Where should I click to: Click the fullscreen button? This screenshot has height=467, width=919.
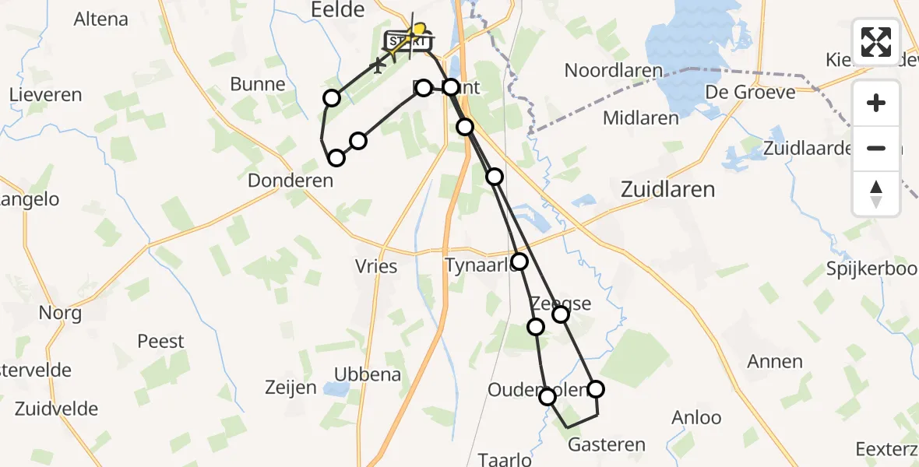click(x=876, y=42)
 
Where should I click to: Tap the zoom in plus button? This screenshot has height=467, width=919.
click(x=876, y=103)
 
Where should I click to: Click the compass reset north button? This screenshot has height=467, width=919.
click(x=876, y=193)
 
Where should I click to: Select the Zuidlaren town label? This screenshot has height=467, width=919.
click(x=668, y=189)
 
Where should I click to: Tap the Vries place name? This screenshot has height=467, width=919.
click(x=376, y=267)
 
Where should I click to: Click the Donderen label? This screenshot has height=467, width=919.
click(x=290, y=181)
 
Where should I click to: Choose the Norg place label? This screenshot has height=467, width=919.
click(x=60, y=314)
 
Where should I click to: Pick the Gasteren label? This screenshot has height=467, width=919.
click(x=607, y=445)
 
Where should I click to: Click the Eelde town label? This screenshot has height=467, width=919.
click(x=337, y=10)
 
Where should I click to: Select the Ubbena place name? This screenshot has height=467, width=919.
click(x=368, y=374)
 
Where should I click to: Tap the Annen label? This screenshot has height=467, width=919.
click(x=774, y=361)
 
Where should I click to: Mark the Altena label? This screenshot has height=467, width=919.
click(x=101, y=19)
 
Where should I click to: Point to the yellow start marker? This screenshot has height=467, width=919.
click(x=418, y=30)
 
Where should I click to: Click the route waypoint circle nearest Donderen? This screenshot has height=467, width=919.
click(x=336, y=158)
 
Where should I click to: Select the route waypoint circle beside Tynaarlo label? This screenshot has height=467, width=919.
click(x=519, y=262)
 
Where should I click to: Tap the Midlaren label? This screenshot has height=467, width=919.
click(x=641, y=118)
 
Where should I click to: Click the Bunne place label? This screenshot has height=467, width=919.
click(x=258, y=84)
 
